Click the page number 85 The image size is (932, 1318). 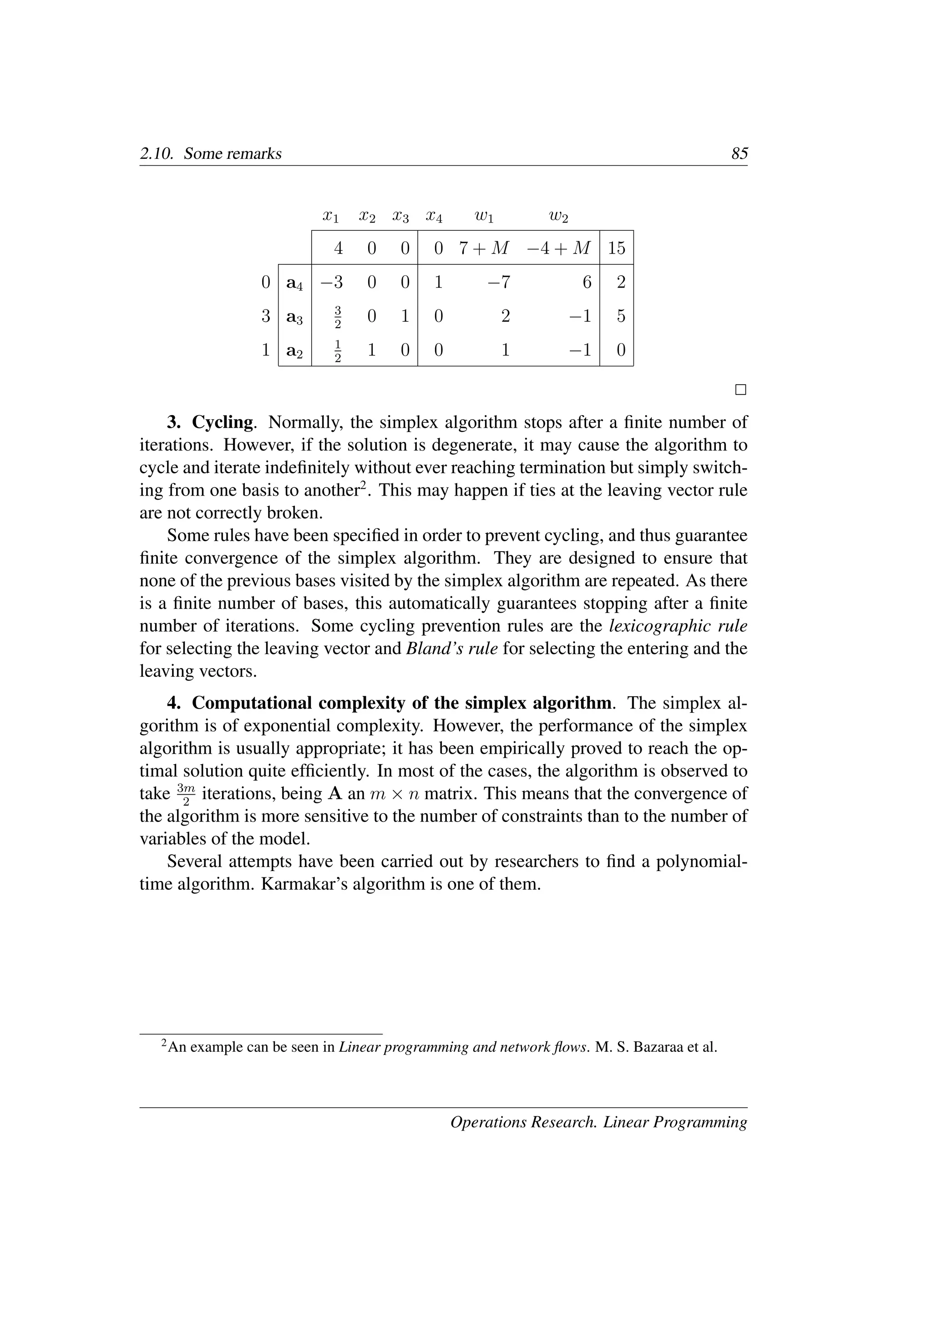(x=739, y=154)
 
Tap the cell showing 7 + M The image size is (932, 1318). (x=484, y=248)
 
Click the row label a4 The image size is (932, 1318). (x=294, y=283)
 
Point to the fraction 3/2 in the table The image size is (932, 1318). (x=338, y=317)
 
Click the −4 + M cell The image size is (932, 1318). (x=558, y=248)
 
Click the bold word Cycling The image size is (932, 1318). (x=223, y=422)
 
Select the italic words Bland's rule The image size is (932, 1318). (x=451, y=649)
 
